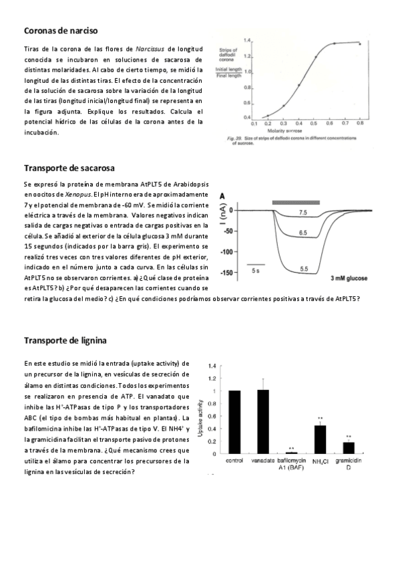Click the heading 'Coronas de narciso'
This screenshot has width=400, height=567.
pos(61,31)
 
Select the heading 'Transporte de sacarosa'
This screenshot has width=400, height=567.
pos(69,167)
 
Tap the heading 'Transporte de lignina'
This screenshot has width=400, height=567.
pos(65,340)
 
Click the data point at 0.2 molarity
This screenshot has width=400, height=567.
pos(268,116)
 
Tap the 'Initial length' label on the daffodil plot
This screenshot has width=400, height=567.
pos(228,70)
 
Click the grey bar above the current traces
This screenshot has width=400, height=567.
pos(296,201)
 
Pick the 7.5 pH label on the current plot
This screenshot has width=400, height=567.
pos(303,212)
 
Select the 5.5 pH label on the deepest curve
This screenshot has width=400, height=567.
pos(304,269)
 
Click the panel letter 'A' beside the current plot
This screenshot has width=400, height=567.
pos(222,195)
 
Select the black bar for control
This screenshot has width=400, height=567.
pos(234,422)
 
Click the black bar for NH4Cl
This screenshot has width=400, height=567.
pos(320,439)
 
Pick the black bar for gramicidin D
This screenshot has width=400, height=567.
pos(349,447)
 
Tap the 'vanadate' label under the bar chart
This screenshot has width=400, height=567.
pos(262,461)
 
